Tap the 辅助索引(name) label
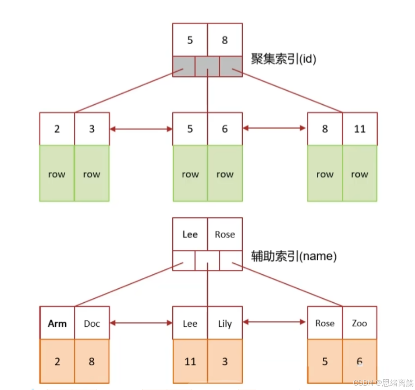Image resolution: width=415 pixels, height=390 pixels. click(294, 256)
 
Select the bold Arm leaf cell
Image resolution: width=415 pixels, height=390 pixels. click(57, 323)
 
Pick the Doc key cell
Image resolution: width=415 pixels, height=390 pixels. click(92, 323)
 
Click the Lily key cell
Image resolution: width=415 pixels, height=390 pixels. click(224, 323)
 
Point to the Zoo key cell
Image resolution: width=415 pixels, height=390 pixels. click(359, 323)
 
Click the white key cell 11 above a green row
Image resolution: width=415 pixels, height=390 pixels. click(359, 129)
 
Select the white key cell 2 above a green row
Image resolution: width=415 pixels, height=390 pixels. click(57, 129)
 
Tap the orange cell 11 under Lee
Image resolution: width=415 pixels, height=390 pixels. click(190, 361)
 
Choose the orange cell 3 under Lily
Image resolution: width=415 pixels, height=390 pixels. click(224, 361)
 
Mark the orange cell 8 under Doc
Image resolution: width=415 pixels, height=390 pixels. click(92, 361)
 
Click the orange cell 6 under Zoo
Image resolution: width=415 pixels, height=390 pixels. click(359, 361)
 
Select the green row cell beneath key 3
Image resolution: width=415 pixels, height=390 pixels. click(92, 174)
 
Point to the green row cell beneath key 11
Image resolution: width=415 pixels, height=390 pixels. click(359, 174)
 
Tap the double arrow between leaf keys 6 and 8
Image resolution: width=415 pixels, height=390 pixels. click(275, 128)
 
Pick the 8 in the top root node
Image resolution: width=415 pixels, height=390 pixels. click(224, 40)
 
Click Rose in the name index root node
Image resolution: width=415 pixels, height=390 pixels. click(224, 234)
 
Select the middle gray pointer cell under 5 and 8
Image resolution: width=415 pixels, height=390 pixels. click(207, 66)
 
